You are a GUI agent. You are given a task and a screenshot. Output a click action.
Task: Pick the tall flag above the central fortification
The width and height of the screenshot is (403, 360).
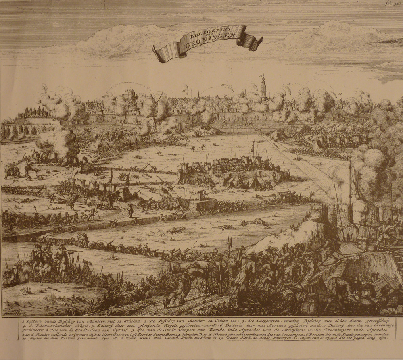(x=253, y=147)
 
